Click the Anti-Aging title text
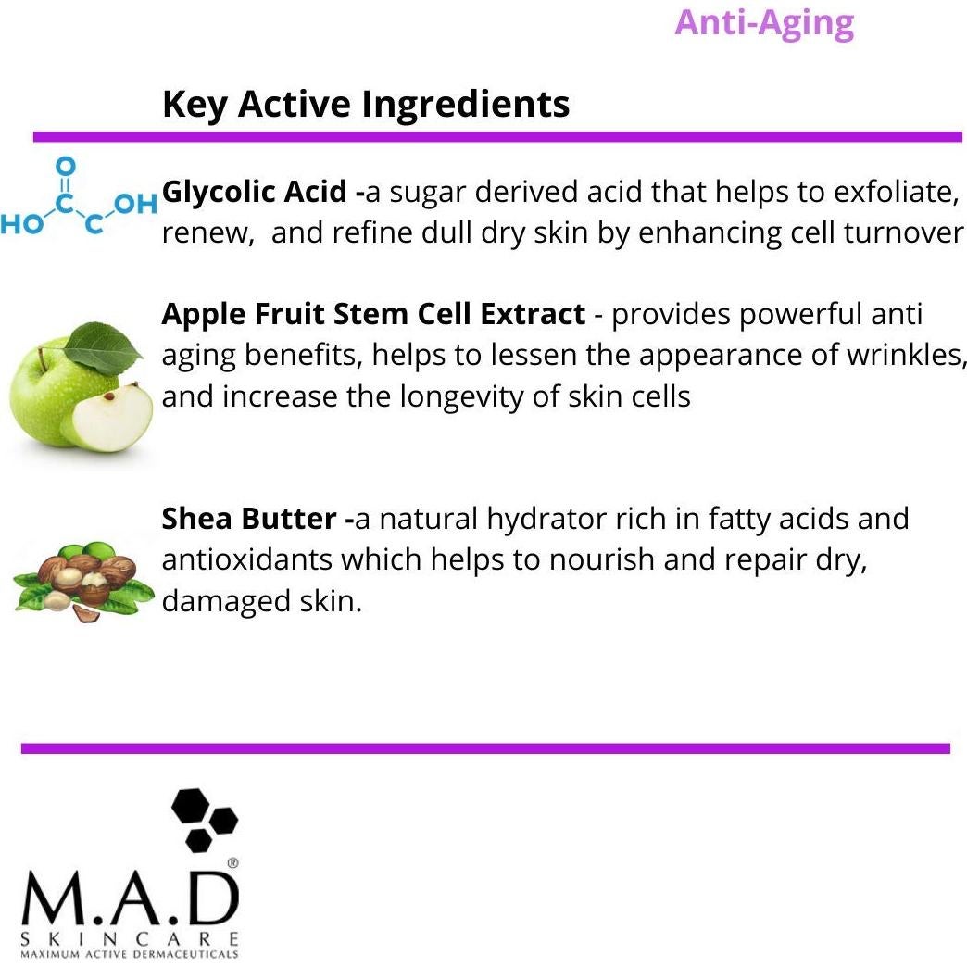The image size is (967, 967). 764,22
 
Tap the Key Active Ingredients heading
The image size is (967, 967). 366,104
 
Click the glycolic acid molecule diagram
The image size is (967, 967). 78,198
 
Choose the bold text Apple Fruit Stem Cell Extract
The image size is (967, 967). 373,314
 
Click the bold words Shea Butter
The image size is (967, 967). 250,518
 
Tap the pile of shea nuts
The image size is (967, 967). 83,579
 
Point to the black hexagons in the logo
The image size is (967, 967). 204,819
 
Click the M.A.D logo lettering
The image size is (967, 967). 130,899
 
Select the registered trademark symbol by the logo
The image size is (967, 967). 232,862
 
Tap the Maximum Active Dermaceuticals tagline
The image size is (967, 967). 130,953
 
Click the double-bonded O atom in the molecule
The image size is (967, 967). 64,167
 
